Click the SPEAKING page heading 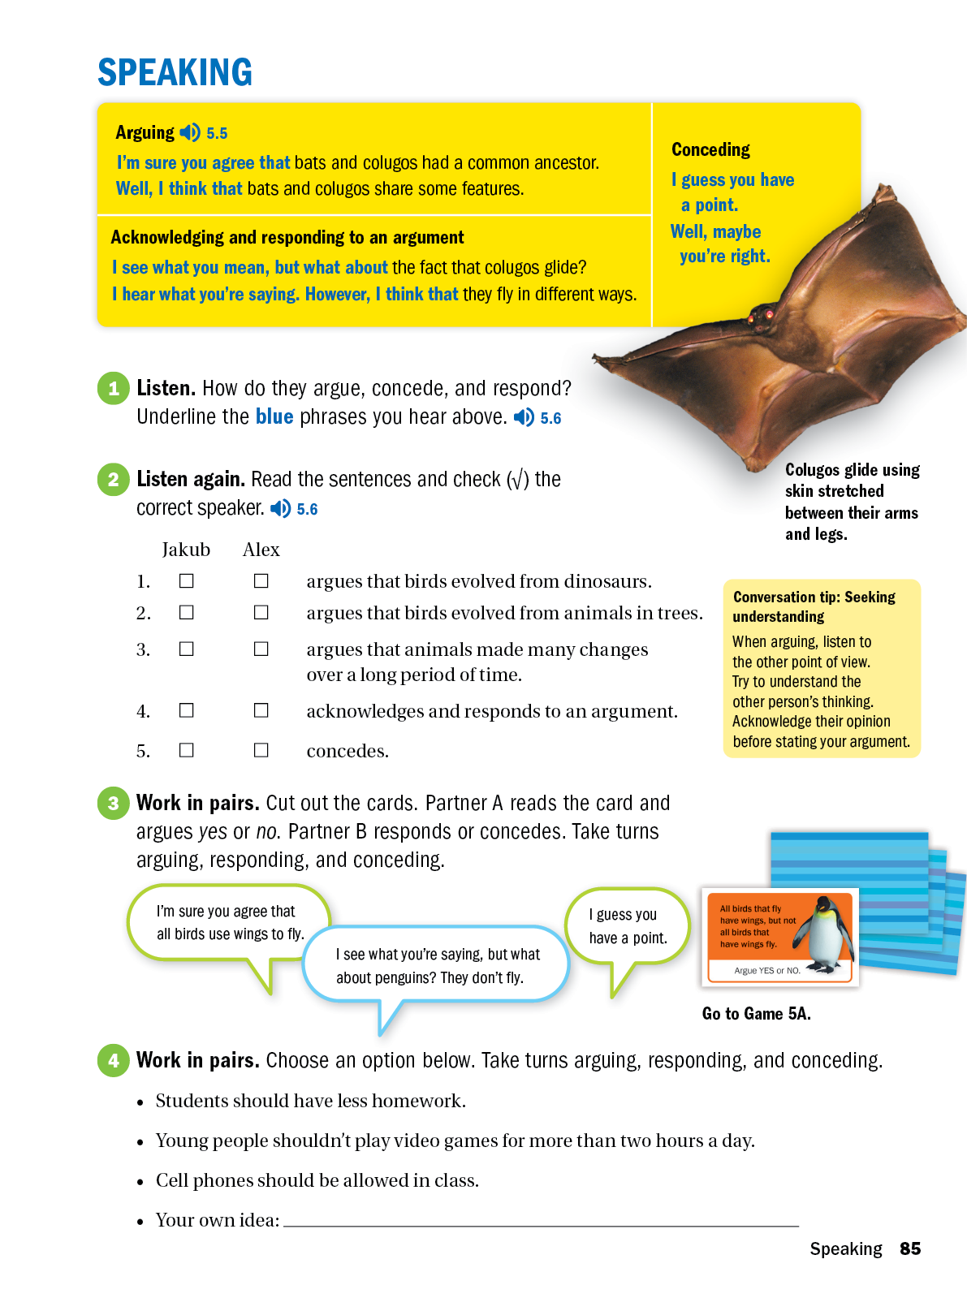coord(175,72)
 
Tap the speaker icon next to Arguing coord(190,132)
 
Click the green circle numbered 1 coord(114,388)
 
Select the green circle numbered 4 coord(114,1060)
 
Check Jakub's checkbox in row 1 coord(187,581)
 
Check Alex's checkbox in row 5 coord(261,750)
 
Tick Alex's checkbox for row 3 coord(261,649)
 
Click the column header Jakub coord(186,550)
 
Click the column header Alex coord(261,550)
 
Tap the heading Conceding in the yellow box coord(710,149)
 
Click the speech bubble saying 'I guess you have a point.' coord(628,926)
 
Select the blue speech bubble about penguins coord(437,965)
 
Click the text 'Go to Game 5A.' coord(756,1013)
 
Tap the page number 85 coord(910,1248)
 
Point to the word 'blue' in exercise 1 coord(274,416)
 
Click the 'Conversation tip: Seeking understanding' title coord(814,606)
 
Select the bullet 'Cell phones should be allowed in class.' coord(317,1180)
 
